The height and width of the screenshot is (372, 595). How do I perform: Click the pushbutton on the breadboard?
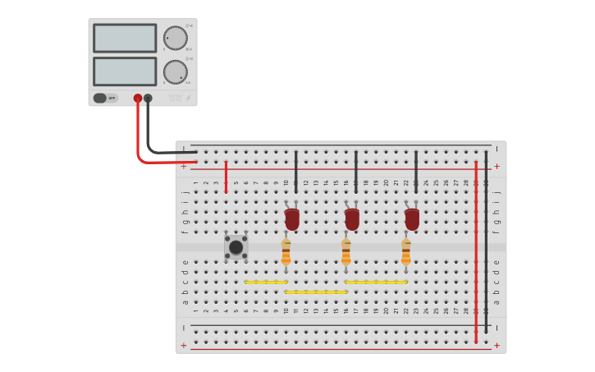236,246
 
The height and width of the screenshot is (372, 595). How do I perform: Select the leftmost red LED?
292,219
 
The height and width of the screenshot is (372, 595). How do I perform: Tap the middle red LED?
352,219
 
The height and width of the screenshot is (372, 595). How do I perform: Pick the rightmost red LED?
412,219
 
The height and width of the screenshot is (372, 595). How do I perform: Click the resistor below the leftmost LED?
286,252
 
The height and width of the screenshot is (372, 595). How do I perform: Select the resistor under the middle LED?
346,252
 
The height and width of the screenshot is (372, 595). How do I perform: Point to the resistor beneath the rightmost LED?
406,252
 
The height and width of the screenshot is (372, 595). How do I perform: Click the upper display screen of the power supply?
125,38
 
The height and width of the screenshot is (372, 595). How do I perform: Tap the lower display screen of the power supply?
125,71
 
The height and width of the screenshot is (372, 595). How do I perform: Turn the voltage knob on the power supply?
175,38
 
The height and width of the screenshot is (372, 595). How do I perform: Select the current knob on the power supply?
175,71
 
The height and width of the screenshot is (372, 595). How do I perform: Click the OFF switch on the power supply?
105,98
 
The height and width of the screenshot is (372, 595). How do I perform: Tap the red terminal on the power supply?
138,99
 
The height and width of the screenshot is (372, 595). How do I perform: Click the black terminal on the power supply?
148,99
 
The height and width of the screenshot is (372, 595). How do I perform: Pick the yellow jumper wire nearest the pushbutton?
265,282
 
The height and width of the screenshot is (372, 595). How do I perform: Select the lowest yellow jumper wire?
316,292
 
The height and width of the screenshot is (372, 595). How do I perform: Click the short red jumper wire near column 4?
226,177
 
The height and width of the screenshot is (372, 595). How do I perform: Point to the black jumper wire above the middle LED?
355,171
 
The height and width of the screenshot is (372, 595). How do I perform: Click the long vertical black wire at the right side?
486,246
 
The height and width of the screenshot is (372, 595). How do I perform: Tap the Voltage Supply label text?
175,98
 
